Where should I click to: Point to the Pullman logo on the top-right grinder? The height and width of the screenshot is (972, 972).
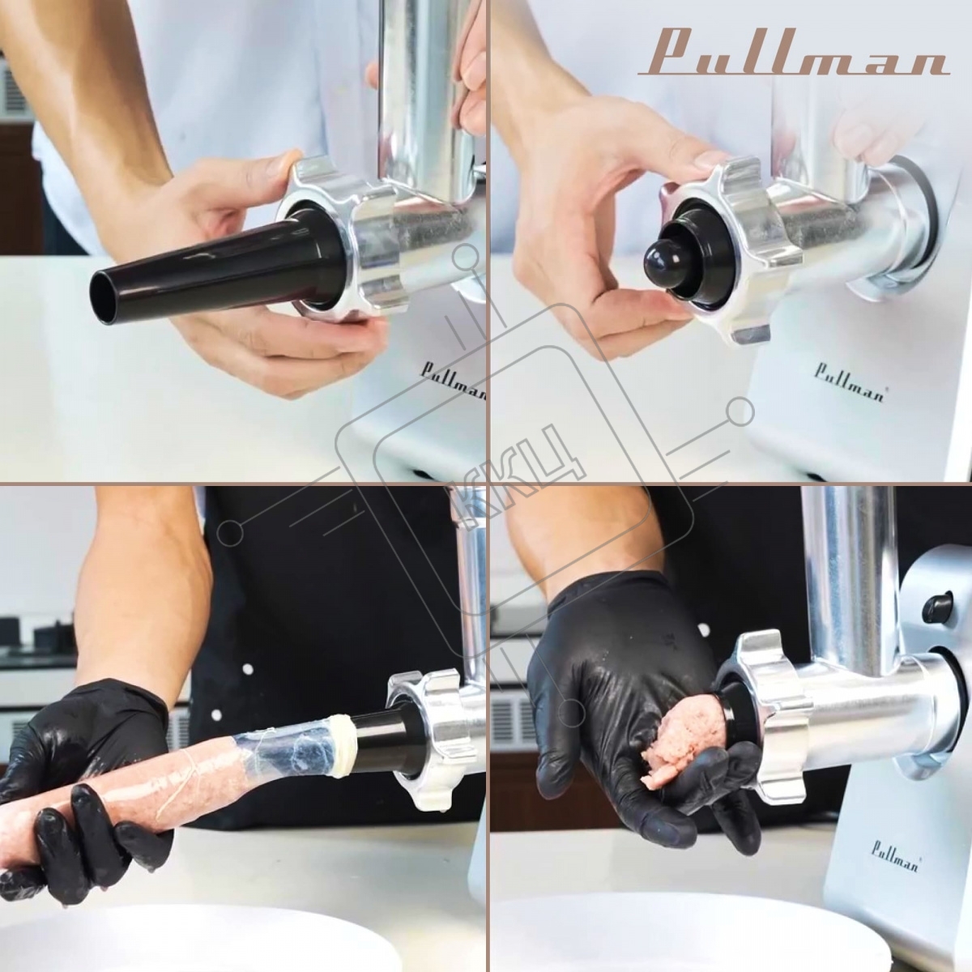tap(849, 382)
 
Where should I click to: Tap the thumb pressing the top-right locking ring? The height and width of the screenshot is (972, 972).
tap(707, 162)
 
